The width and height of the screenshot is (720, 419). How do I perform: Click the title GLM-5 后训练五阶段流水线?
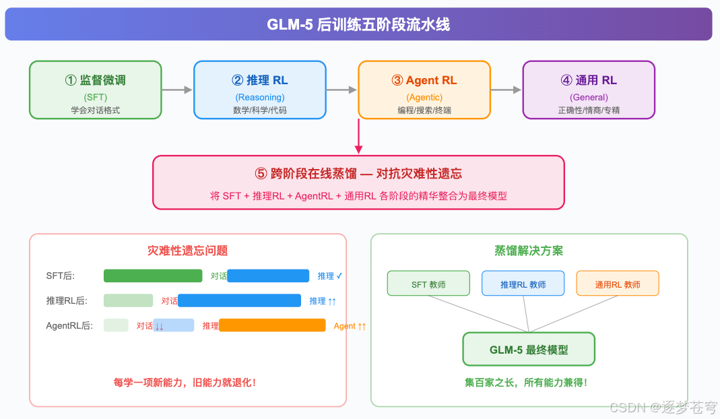click(358, 25)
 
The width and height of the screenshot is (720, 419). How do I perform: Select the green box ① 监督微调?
click(95, 90)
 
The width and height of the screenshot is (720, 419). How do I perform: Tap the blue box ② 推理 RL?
click(259, 90)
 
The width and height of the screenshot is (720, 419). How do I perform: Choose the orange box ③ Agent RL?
click(424, 90)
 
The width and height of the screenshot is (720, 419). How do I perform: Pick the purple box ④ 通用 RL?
click(589, 90)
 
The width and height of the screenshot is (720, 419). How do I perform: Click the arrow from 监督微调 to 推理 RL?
click(177, 90)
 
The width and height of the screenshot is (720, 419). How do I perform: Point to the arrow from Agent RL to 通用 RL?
click(506, 90)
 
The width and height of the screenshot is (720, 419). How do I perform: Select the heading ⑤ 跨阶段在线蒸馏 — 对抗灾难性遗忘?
click(358, 173)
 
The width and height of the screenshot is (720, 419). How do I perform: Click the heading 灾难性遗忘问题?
click(187, 251)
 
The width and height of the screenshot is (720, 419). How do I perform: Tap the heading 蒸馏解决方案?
click(529, 251)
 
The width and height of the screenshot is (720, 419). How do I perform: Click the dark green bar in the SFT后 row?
click(153, 276)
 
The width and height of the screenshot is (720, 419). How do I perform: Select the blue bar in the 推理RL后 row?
click(239, 300)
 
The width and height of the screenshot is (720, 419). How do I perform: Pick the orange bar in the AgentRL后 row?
click(272, 325)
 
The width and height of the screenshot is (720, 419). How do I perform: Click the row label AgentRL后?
click(69, 326)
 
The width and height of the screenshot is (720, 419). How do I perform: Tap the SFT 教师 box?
click(428, 284)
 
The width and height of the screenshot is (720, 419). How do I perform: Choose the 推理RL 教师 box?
click(523, 284)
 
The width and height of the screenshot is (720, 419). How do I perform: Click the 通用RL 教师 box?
click(617, 284)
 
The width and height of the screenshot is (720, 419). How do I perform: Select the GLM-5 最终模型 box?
click(529, 350)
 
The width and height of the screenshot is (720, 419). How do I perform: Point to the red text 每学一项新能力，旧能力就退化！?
click(185, 382)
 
